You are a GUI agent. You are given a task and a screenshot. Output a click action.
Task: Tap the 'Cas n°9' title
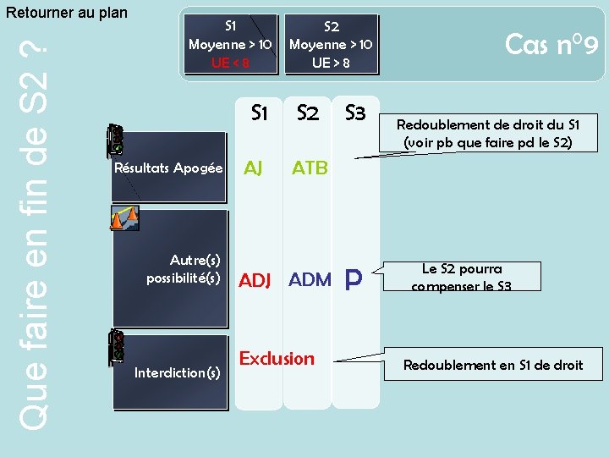point(551,44)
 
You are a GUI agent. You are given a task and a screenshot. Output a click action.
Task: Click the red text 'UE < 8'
point(230,62)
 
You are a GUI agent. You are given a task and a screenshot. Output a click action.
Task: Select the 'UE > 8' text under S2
point(331,62)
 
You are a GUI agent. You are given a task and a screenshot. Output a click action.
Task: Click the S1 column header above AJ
point(260,113)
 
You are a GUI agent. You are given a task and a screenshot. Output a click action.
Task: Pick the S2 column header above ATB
point(307,113)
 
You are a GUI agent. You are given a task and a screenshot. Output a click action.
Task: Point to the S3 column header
point(355,113)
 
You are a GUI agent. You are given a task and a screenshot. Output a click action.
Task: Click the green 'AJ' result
point(253,168)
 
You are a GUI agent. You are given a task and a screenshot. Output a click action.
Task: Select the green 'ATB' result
point(310,168)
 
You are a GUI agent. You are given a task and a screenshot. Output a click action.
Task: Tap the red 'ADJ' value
point(255,280)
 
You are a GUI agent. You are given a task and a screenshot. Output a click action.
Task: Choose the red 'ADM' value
point(310,279)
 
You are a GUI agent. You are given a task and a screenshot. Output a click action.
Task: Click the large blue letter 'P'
point(354,280)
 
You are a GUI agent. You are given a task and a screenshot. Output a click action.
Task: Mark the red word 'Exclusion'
point(277,358)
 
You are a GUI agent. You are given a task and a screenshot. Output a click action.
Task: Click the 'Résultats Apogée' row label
point(168,168)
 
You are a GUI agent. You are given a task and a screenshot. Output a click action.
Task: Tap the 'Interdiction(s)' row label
point(178,372)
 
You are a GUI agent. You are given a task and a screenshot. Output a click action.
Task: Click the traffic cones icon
point(123,218)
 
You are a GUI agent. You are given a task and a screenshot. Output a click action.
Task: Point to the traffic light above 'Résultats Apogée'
point(116,140)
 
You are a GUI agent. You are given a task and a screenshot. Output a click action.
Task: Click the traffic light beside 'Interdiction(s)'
point(116,347)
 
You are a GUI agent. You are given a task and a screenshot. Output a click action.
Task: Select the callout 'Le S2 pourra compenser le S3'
point(462,277)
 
